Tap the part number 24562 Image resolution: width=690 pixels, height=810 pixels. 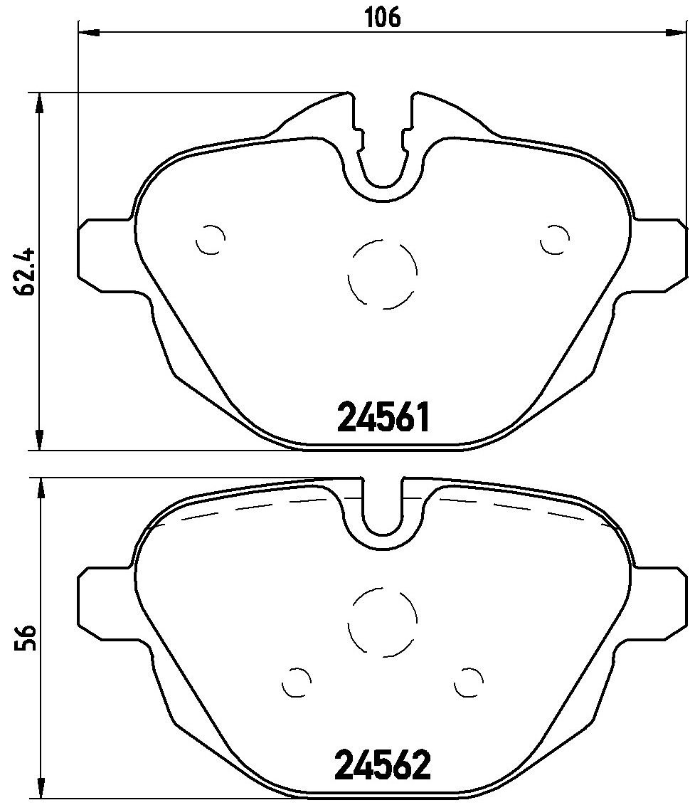tap(383, 765)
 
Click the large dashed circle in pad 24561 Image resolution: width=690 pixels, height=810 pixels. tap(383, 273)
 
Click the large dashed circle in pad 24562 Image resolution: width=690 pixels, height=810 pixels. tap(383, 621)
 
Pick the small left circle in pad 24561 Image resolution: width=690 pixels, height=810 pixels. tap(210, 240)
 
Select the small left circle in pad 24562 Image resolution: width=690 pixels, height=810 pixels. tap(297, 683)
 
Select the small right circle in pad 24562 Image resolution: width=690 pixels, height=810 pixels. tap(469, 683)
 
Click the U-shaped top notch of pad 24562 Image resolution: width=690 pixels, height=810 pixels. tap(383, 512)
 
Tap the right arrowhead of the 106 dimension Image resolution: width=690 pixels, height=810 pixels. tap(677, 31)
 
